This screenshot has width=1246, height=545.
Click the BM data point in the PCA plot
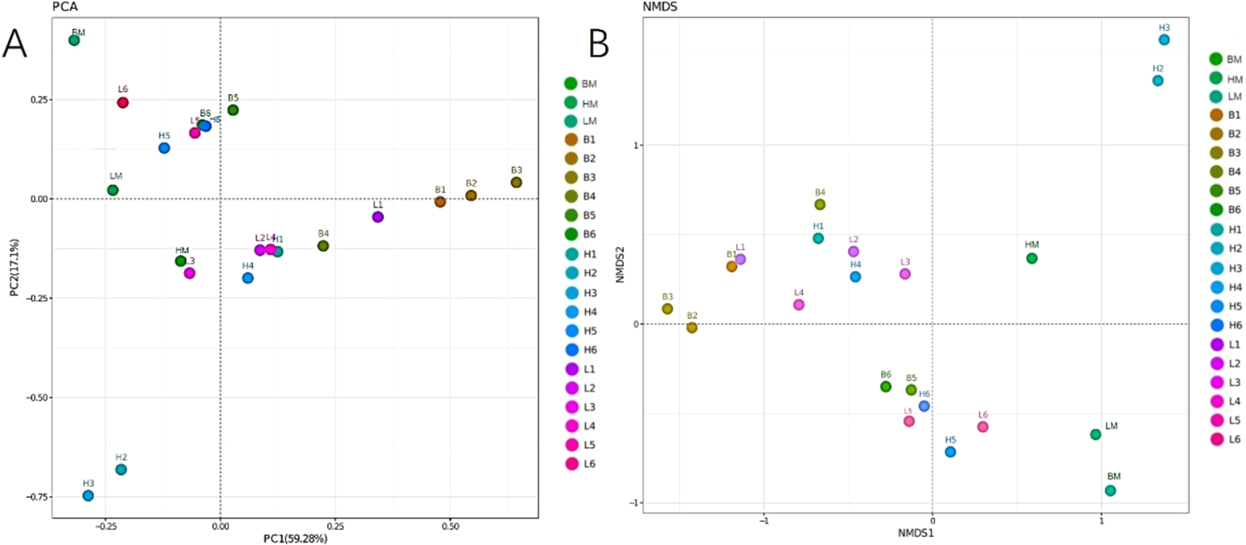point(74,40)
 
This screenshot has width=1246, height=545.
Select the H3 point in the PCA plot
point(88,495)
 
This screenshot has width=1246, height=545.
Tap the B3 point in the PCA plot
point(516,182)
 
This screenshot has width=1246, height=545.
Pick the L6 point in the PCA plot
point(123,102)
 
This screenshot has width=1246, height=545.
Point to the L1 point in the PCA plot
point(377,217)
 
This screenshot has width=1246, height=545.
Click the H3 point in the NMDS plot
point(1164,40)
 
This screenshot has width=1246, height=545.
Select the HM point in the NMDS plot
point(1031,258)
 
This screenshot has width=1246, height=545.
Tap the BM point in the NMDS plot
point(1110,491)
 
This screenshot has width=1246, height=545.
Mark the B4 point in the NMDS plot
point(820,204)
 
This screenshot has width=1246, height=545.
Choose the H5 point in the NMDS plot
point(950,452)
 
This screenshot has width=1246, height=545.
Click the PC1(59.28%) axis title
point(295,538)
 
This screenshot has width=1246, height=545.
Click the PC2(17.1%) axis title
point(14,267)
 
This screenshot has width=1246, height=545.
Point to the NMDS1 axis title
point(915,533)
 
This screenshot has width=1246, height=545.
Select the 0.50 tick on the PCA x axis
point(450,526)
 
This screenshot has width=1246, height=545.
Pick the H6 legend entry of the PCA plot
point(581,350)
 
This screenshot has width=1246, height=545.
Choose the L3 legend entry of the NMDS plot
point(1225,382)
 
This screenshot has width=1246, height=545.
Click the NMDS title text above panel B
point(659,7)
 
